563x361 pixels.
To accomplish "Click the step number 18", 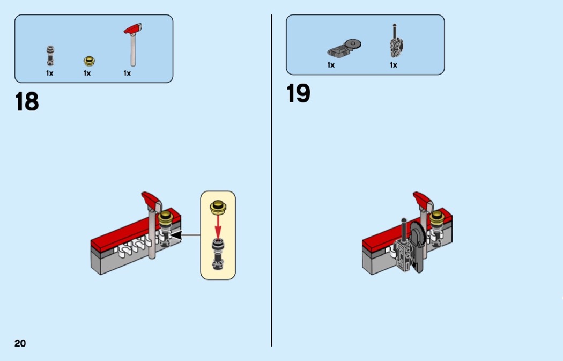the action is click(x=27, y=101).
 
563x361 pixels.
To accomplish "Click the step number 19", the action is click(x=298, y=93).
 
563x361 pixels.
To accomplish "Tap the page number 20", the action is click(x=20, y=343).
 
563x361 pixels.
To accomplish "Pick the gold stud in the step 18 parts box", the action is click(x=89, y=61).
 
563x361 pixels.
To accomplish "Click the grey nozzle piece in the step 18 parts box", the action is click(x=50, y=56).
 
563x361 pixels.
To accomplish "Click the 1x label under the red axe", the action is click(x=127, y=73).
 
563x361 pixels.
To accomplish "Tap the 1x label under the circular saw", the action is click(x=331, y=65).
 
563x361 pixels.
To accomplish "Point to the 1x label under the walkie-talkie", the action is click(x=394, y=65).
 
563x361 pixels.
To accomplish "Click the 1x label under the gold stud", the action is click(x=87, y=73).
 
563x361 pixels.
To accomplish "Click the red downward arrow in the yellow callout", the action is click(x=218, y=226).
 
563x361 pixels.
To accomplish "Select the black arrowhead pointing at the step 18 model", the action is click(x=175, y=235).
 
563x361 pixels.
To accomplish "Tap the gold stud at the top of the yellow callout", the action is click(x=218, y=207).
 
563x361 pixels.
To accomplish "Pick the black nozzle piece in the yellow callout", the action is click(x=218, y=254).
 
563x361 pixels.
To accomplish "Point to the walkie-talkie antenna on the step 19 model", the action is click(x=404, y=230).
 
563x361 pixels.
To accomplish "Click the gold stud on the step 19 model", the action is click(x=437, y=217).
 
